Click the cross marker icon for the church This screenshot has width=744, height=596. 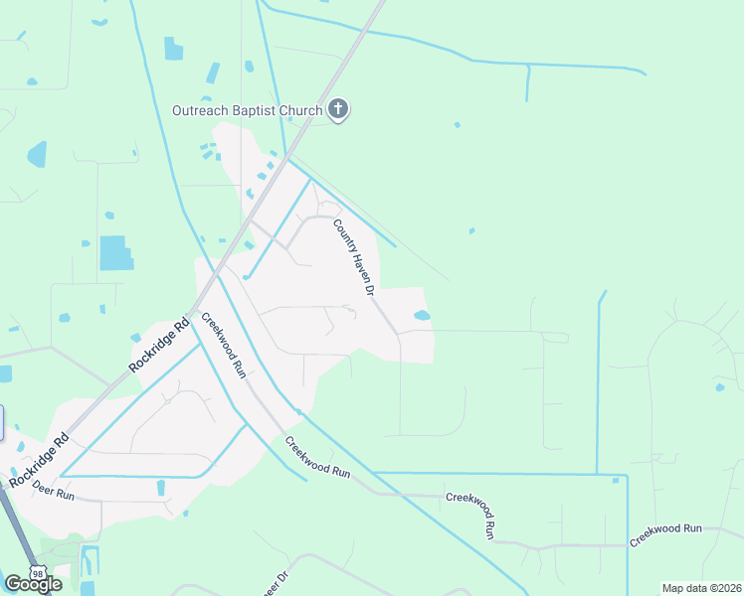338,109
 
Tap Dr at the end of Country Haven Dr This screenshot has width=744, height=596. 366,289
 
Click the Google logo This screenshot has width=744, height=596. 34,584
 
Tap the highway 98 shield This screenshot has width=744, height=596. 37,574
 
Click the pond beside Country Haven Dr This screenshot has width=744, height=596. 422,316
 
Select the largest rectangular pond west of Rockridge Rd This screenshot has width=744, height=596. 116,253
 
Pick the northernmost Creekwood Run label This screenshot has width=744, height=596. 224,344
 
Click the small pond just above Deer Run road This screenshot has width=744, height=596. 161,487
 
